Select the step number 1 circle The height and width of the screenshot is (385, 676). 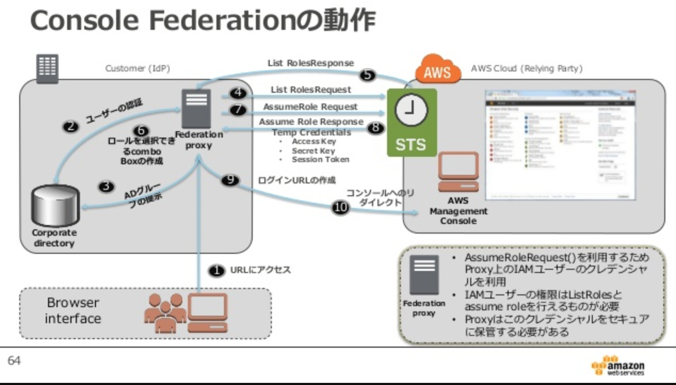pos(216,271)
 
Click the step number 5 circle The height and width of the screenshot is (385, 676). pos(367,75)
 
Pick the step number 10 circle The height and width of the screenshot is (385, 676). pos(340,208)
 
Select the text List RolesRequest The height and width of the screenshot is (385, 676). pos(310,90)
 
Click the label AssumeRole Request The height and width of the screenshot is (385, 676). pos(310,107)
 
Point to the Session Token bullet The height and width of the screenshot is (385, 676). pos(320,159)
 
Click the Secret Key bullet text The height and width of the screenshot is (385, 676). pos(313,151)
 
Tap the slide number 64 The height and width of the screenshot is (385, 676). pos(14,361)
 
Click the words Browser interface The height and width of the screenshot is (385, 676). pos(73,310)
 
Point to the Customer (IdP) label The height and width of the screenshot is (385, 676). pos(138,68)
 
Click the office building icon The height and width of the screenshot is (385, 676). pos(47,68)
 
